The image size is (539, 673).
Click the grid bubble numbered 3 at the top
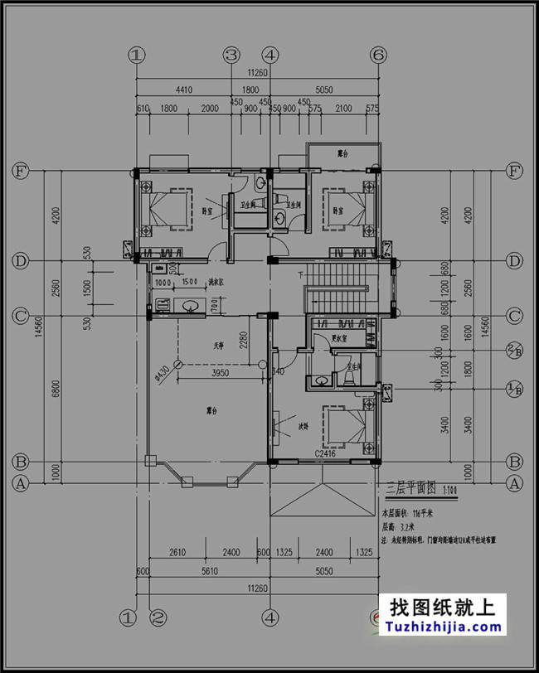click(231, 56)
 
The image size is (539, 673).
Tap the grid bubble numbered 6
click(379, 56)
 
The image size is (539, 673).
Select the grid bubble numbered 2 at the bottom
click(157, 617)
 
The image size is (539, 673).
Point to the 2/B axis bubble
click(515, 351)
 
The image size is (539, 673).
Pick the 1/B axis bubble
click(515, 388)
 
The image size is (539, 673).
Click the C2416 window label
click(326, 454)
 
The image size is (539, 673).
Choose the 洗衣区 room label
click(216, 283)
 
